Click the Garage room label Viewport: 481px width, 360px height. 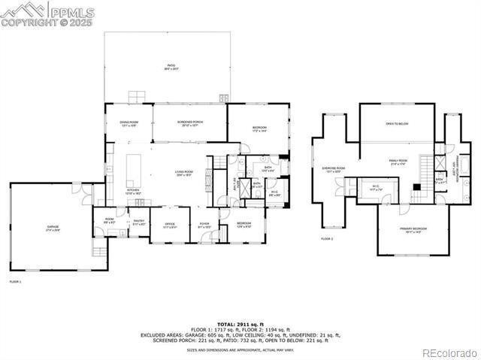click(53, 227)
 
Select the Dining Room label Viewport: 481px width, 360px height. click(129, 125)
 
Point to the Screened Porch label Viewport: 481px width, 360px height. click(190, 124)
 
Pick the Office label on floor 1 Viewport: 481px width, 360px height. click(170, 225)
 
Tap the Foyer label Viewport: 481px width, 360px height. click(204, 225)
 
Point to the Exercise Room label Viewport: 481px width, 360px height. click(333, 170)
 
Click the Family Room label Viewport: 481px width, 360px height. click(398, 162)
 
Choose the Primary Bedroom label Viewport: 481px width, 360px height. click(413, 230)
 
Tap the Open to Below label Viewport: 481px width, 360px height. click(397, 124)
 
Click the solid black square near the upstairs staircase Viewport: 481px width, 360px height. click(416, 186)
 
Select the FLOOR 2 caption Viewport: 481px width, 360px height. click(327, 239)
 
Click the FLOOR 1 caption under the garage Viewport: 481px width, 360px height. click(15, 282)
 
